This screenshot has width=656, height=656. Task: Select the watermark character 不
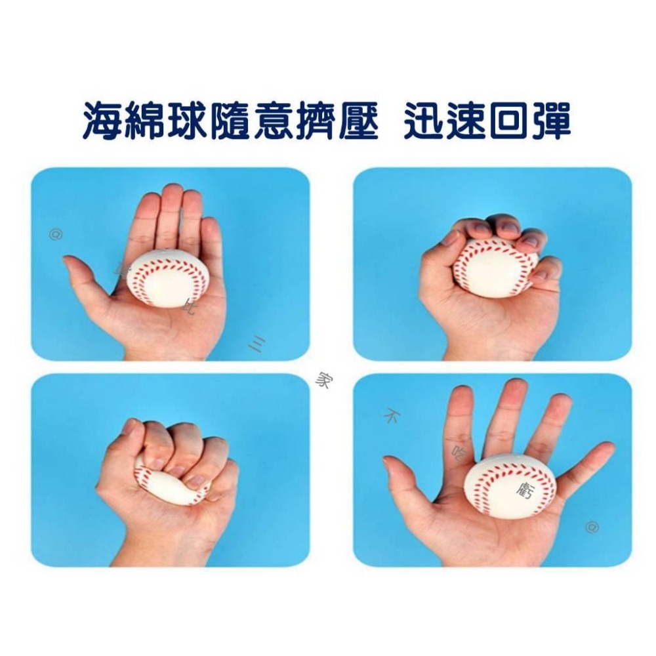coord(392,416)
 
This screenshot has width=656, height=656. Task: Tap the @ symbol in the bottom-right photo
coord(592,526)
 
